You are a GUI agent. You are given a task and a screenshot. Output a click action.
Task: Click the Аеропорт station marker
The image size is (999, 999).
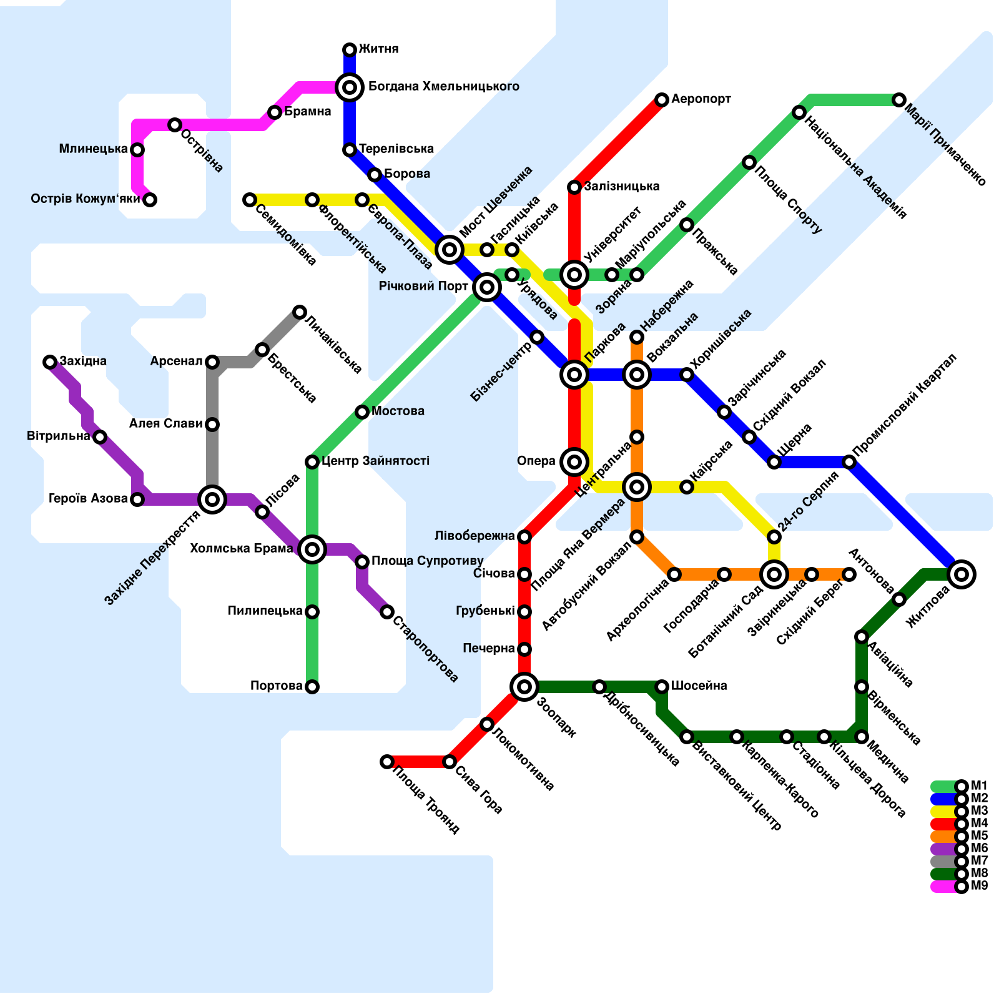click(662, 100)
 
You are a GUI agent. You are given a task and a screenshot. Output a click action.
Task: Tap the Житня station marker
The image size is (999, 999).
click(350, 50)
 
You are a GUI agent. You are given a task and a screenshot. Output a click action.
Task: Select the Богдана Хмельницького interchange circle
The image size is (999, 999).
click(350, 87)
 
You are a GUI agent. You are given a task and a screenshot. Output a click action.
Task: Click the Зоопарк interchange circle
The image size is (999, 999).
click(524, 687)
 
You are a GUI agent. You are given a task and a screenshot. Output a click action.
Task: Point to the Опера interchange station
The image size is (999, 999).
click(574, 462)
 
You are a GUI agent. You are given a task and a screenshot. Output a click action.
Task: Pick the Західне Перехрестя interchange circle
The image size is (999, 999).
click(212, 499)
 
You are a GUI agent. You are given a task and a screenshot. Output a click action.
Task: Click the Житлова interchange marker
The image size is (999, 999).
click(962, 574)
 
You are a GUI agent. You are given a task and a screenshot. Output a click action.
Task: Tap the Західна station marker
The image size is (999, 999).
click(50, 362)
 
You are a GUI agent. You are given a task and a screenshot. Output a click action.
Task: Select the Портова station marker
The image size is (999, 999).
click(312, 687)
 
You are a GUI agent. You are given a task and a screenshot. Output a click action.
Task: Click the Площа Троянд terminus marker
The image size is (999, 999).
click(387, 762)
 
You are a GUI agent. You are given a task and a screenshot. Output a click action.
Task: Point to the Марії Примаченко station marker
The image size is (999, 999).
click(899, 100)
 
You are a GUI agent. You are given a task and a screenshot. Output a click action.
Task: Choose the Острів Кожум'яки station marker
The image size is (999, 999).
click(150, 200)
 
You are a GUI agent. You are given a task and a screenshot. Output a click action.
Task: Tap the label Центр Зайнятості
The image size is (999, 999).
click(375, 461)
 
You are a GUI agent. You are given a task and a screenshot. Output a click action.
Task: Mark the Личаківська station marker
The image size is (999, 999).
click(300, 312)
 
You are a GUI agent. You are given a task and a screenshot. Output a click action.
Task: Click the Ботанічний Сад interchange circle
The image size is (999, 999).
click(774, 574)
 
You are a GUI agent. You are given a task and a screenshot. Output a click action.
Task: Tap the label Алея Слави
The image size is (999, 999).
click(165, 424)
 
